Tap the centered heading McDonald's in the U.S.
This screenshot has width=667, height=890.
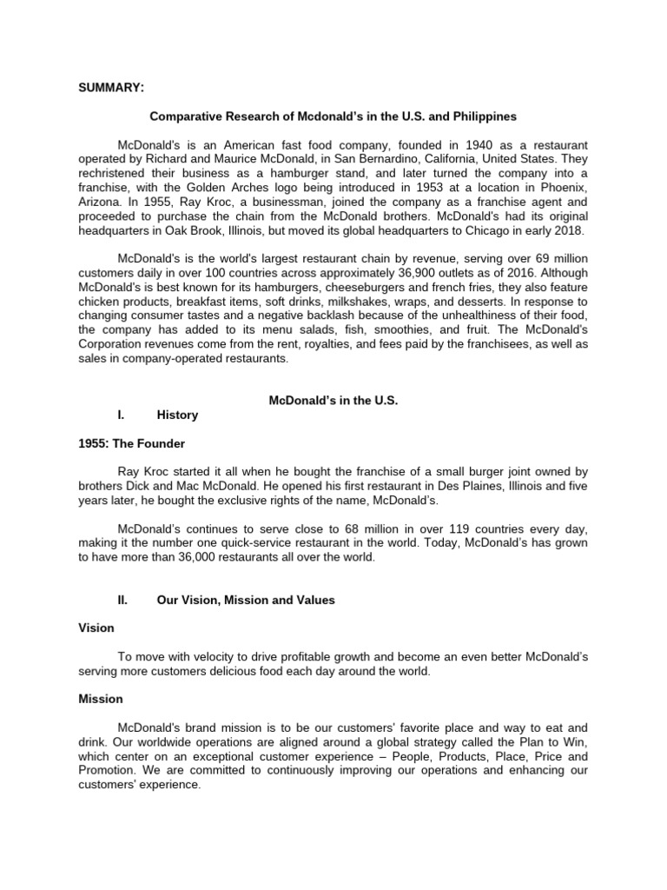tap(333, 400)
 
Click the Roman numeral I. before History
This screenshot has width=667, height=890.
tap(120, 415)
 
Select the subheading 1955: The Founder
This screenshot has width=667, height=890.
tap(130, 443)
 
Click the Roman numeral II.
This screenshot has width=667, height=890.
tap(122, 600)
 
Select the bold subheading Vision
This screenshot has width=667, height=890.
tap(96, 628)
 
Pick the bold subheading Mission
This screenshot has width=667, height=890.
tap(101, 699)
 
